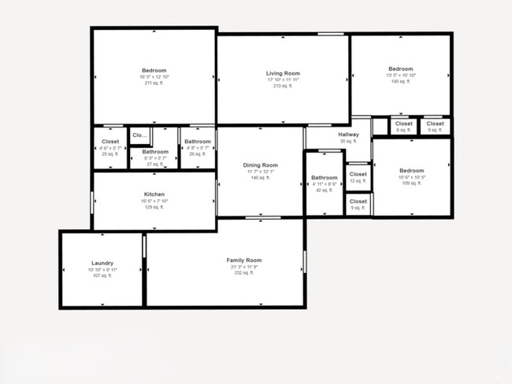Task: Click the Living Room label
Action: [x=284, y=73]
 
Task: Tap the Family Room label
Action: [x=243, y=260]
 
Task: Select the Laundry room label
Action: [x=102, y=263]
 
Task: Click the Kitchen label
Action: [x=154, y=194]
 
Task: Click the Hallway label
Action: [x=348, y=135]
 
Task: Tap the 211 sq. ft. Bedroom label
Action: [x=154, y=70]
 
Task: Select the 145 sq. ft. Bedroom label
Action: [x=400, y=69]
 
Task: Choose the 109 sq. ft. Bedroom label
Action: [x=411, y=171]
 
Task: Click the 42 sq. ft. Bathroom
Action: [x=324, y=178]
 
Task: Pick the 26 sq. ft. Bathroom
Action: [x=198, y=142]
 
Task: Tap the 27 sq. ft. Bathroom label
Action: [x=155, y=151]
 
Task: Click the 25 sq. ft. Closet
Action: [x=110, y=142]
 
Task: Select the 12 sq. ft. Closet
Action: [x=358, y=175]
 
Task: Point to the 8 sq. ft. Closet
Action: [x=403, y=124]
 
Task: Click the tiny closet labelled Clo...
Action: [x=139, y=135]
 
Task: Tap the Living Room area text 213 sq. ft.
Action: [x=284, y=86]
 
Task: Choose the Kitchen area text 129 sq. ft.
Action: [x=154, y=207]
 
